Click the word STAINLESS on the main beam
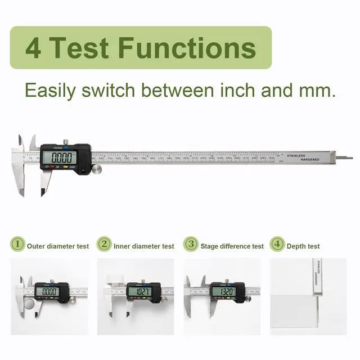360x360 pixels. pos(296,155)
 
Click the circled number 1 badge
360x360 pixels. pos(17,245)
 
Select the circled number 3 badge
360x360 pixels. pos(192,245)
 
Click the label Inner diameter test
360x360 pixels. pos(144,246)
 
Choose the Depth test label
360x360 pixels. pos(303,246)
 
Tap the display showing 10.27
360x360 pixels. pos(138,291)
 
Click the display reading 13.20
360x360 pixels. pos(223,291)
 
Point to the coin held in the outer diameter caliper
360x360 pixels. pos(28,304)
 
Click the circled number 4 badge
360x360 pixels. pos(276,245)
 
